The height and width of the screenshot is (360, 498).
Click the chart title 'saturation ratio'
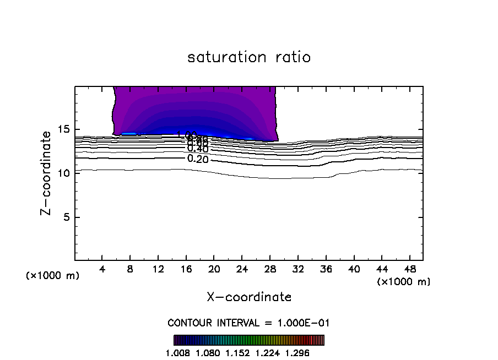tap(249, 57)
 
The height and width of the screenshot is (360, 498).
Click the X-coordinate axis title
tap(249, 297)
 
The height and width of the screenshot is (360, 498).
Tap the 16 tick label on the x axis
tap(186, 269)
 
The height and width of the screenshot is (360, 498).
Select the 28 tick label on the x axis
tap(270, 269)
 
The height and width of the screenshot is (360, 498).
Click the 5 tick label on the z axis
tap(64, 217)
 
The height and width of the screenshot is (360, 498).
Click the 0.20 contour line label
tap(198, 159)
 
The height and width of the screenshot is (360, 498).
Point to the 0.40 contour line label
tap(198, 149)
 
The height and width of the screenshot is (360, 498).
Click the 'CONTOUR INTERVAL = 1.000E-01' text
tap(248, 323)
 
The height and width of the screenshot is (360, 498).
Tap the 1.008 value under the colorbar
tap(178, 353)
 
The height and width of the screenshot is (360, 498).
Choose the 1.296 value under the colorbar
tap(297, 353)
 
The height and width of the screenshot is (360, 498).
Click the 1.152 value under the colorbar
tap(238, 353)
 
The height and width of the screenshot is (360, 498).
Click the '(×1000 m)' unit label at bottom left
tap(53, 276)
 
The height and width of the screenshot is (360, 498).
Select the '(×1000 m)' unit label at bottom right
tap(404, 282)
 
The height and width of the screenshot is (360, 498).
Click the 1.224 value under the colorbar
tap(268, 353)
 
